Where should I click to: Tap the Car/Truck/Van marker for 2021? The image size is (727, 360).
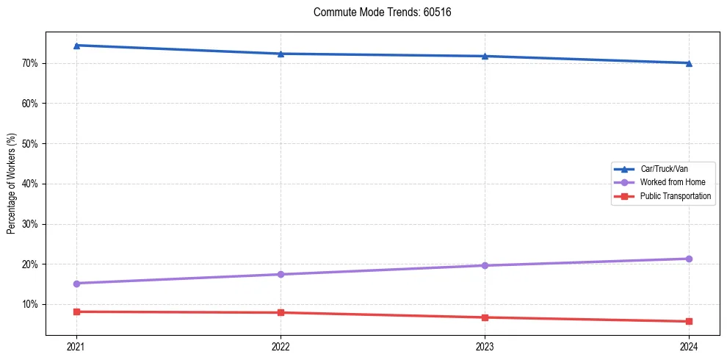tap(76, 46)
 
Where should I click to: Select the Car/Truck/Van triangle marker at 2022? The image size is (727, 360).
tap(281, 54)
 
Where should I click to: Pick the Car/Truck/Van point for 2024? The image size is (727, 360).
tap(689, 63)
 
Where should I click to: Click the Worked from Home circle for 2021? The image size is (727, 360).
tap(76, 284)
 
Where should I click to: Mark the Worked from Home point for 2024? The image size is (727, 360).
tap(689, 259)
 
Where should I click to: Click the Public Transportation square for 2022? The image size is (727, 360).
tap(281, 312)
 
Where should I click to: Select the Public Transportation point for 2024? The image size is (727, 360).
tap(689, 321)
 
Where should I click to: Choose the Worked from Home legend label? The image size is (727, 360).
tap(672, 182)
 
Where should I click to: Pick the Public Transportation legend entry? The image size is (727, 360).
tap(675, 196)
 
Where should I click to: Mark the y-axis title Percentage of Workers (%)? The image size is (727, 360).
tap(12, 184)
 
